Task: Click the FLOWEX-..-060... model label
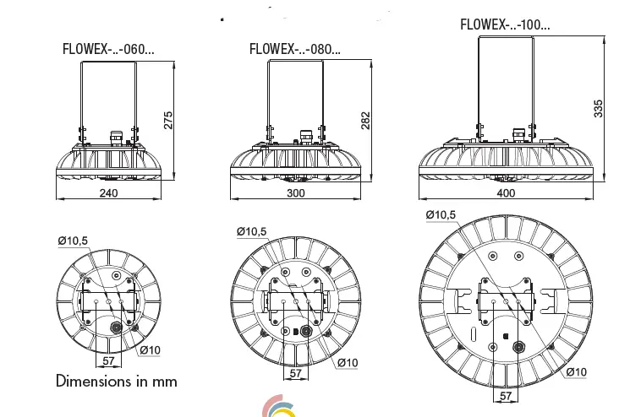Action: point(107,48)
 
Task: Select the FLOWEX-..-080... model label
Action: point(295,48)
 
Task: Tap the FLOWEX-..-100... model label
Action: point(505,24)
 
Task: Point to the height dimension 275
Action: point(167,120)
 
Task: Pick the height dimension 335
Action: point(598,109)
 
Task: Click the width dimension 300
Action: point(295,192)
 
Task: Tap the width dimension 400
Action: point(506,193)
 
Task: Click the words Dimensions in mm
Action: point(117,381)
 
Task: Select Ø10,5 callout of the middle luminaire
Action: point(251,231)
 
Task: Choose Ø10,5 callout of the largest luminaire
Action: point(441,216)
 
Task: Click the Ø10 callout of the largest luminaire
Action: point(575,371)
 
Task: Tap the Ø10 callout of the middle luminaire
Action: point(348,363)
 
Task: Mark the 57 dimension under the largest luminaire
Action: point(505,396)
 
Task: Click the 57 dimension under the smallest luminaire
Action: point(108,360)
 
